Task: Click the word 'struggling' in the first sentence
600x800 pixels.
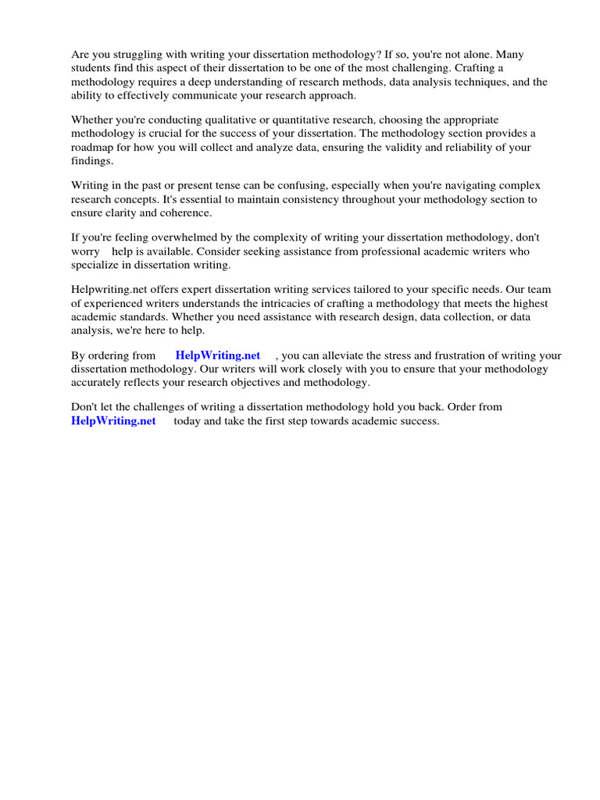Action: tap(135, 55)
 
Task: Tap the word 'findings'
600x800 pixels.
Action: tap(91, 160)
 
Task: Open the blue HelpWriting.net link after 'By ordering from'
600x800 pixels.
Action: tap(218, 355)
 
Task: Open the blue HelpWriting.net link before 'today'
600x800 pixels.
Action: tap(113, 421)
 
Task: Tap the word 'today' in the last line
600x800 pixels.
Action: tap(188, 421)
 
